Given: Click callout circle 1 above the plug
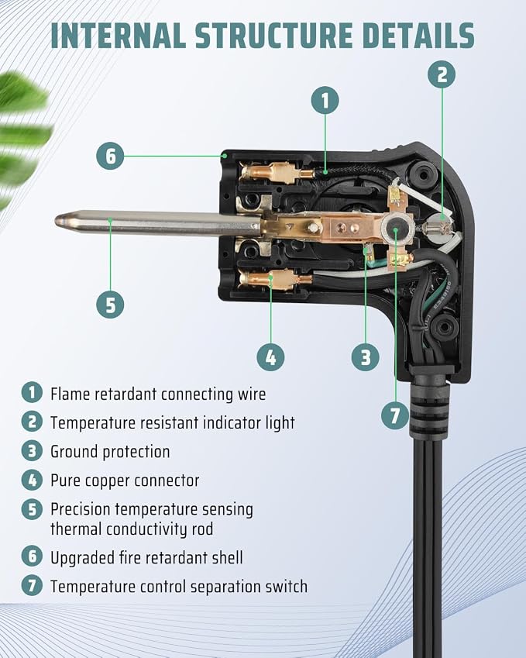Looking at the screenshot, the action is coord(325,100).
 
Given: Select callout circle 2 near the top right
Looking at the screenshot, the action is coord(442,74).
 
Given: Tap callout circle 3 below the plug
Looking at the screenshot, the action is coord(366,357).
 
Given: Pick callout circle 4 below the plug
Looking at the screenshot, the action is coord(270,357).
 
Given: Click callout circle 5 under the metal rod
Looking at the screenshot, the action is coord(110,305).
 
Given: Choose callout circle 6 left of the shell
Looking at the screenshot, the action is coord(110,156).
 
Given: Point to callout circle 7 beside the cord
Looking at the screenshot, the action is coord(395,415).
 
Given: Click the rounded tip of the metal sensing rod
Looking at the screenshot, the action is coord(59,221).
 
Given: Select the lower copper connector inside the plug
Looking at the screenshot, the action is coord(275,279).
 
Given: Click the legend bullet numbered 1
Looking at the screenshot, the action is coord(32,393).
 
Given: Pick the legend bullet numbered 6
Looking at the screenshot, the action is coord(32,556).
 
